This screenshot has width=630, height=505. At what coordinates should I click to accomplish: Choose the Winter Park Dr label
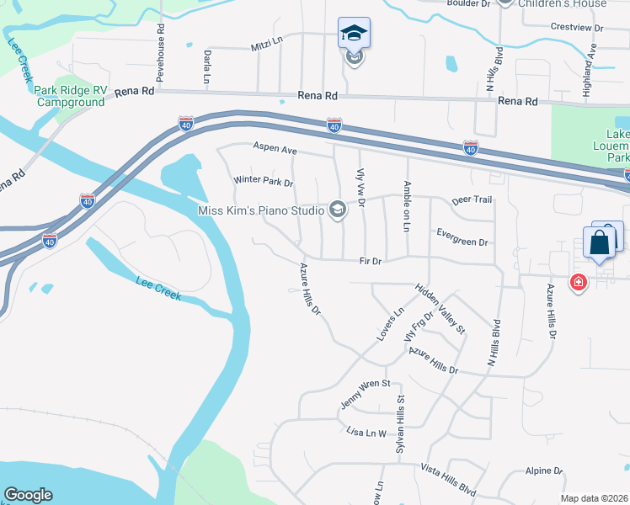tap(263, 181)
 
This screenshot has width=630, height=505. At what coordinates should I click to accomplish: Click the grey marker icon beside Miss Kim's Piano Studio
tap(338, 210)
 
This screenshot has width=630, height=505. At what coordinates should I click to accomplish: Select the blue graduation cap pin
tap(354, 35)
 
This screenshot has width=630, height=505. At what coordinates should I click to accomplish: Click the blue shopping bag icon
tap(600, 242)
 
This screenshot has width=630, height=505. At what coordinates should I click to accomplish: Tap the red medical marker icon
tap(578, 283)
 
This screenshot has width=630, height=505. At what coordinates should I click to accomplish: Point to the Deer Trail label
tap(472, 200)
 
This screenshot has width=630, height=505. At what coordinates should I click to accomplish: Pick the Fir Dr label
tap(371, 261)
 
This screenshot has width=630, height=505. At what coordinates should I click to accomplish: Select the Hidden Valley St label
tap(440, 309)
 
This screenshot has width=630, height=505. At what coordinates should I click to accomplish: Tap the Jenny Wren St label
tap(366, 394)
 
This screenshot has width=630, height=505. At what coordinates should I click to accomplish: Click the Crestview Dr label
tap(577, 27)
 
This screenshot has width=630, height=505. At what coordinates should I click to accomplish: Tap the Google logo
tap(28, 495)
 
